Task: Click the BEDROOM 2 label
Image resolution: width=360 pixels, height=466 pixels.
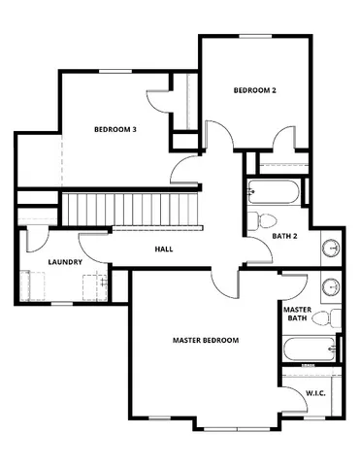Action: tap(254, 90)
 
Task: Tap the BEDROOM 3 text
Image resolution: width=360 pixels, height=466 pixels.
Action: tap(115, 129)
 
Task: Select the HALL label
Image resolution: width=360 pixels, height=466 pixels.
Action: tap(164, 250)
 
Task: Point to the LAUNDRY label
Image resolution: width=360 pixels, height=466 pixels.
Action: tap(64, 262)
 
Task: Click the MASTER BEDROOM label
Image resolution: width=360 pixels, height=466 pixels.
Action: tap(206, 341)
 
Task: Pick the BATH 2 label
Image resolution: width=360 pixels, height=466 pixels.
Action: tap(285, 236)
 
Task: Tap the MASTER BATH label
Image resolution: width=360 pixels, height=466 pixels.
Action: tap(296, 314)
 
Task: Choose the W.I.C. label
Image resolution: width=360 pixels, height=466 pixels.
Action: tap(315, 393)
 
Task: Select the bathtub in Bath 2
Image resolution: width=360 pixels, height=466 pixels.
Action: tap(277, 190)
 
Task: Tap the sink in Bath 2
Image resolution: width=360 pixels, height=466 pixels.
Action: tap(331, 249)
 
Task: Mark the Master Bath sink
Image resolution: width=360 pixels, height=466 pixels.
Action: tap(331, 287)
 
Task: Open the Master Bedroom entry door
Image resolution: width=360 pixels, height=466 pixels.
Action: tap(225, 283)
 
